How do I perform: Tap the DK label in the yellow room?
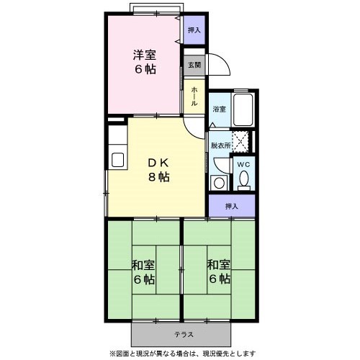click(158, 161)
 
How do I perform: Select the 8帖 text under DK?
click(158, 177)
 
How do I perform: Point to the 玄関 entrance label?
click(195, 66)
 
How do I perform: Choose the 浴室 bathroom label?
click(219, 109)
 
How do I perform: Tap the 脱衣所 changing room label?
click(220, 145)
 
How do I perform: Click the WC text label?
click(245, 163)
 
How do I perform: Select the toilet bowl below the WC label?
click(245, 180)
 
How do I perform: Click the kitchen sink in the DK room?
click(117, 159)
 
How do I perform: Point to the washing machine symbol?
click(219, 181)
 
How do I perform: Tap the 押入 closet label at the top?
click(194, 30)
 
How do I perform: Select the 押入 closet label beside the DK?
click(231, 206)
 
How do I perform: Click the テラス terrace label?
click(181, 335)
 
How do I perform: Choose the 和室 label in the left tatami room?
click(143, 264)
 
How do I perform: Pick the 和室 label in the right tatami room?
click(219, 264)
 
